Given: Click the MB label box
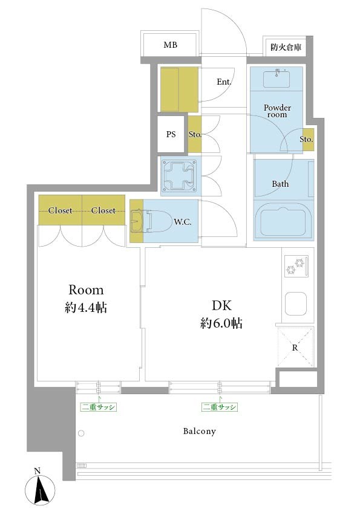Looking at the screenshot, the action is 170,44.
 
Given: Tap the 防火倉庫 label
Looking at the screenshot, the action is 286,47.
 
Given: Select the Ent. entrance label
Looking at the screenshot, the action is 224,82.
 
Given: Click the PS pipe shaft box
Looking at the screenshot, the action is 171,134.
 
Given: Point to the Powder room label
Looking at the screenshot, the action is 277,111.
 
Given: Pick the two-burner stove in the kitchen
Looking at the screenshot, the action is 296,266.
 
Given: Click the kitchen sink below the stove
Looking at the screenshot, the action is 296,304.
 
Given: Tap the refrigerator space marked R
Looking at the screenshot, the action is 295,348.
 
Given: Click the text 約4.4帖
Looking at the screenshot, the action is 86,307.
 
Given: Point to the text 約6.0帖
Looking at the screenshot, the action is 221,323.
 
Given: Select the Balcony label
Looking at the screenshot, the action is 200,431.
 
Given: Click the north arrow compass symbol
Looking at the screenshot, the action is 40,488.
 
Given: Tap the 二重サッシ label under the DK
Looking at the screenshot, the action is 219,407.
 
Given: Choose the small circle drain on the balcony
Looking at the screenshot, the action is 81,433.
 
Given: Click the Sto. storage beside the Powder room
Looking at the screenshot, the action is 308,140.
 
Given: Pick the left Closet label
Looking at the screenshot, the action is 60,210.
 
